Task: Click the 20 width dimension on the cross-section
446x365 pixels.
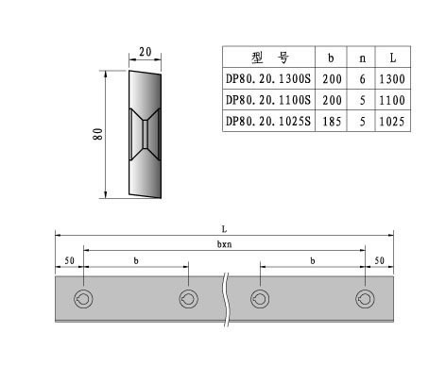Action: pos(146,52)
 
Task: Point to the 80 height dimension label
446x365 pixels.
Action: pos(97,134)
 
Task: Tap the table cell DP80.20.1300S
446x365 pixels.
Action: pos(268,78)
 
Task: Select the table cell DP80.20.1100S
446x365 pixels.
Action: pos(268,100)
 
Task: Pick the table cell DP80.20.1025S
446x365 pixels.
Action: pos(268,121)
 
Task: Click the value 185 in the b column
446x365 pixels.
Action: pos(332,122)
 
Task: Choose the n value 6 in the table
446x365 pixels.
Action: pos(362,79)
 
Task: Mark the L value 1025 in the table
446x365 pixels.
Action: pos(392,122)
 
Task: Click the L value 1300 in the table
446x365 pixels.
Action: pos(392,79)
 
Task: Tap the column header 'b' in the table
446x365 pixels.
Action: pos(331,58)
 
